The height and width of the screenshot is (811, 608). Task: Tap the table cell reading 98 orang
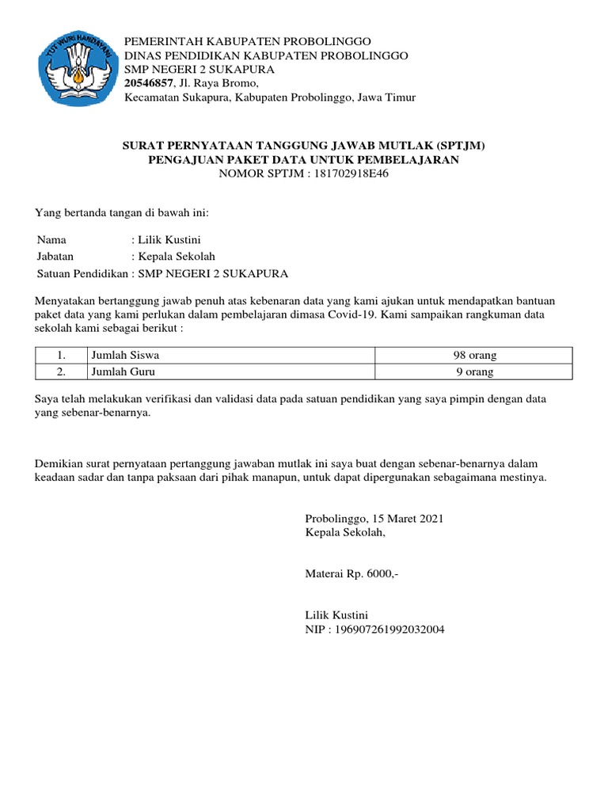point(473,355)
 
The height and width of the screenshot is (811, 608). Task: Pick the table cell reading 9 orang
point(473,371)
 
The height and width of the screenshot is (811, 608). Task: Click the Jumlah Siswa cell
point(125,355)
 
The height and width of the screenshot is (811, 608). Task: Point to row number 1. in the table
point(61,355)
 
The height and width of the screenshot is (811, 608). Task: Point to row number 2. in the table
point(61,371)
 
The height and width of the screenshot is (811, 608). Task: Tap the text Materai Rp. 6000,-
point(351,573)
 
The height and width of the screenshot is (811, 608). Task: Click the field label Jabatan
point(55,257)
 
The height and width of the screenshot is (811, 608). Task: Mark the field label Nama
point(52,239)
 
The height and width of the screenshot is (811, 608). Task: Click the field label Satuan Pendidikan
point(82,274)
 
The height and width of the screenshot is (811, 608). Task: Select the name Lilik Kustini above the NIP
point(336,615)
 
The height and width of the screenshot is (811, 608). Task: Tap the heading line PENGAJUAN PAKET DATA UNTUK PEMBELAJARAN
point(304,159)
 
